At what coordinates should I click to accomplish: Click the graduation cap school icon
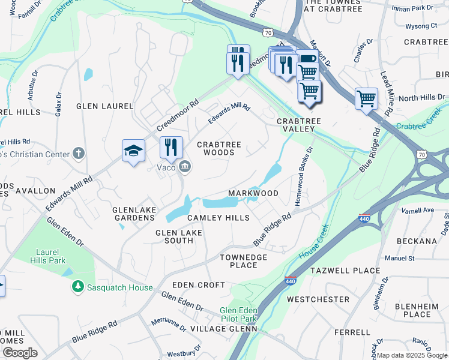pyautogui.click(x=134, y=151)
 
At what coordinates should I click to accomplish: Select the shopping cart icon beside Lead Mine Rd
pyautogui.click(x=366, y=98)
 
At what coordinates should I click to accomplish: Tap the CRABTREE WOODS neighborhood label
pyautogui.click(x=219, y=148)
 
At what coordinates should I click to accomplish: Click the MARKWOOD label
pyautogui.click(x=253, y=193)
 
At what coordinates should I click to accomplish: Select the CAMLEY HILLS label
pyautogui.click(x=218, y=218)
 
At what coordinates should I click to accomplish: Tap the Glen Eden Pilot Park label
pyautogui.click(x=238, y=314)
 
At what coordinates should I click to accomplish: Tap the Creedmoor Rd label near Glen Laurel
pyautogui.click(x=177, y=115)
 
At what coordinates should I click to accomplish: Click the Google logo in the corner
pyautogui.click(x=19, y=353)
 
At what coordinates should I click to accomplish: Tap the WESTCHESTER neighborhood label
pyautogui.click(x=318, y=299)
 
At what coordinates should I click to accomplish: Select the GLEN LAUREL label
pyautogui.click(x=104, y=106)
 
